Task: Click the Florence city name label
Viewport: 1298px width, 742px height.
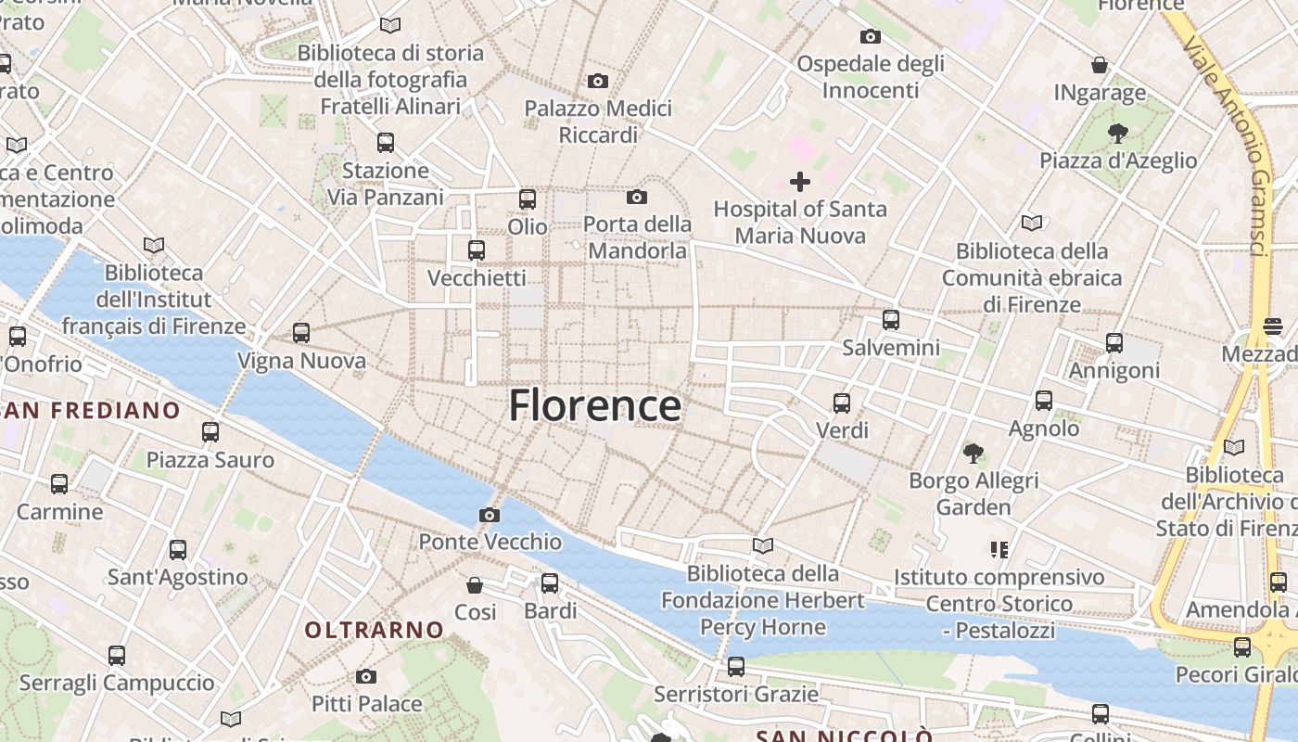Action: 594,406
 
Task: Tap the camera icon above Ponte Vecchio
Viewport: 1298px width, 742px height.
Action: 490,515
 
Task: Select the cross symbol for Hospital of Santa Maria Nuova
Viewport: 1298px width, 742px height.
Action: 799,182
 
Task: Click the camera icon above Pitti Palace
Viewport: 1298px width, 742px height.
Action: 366,676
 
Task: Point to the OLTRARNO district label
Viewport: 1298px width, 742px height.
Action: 375,630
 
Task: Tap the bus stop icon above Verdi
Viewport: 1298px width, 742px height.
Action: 842,403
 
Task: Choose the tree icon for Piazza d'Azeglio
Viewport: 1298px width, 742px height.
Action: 1118,134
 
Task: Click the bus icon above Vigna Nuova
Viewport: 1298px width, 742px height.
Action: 301,333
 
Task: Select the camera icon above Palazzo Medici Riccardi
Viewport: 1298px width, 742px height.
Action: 598,82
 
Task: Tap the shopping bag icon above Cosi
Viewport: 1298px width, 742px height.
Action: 475,585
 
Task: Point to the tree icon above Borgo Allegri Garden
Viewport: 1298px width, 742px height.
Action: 973,454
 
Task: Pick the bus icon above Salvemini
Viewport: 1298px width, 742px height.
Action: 891,320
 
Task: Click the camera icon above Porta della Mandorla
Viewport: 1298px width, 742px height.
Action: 637,197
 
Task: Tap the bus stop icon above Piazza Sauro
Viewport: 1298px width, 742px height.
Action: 210,432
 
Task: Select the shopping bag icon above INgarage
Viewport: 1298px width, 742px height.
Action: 1100,65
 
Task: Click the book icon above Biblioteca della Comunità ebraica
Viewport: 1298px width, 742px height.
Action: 1031,223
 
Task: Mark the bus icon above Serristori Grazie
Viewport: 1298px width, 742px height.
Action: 736,666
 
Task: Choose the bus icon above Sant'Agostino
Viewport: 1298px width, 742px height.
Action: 178,550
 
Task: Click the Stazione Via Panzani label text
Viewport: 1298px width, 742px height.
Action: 386,184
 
